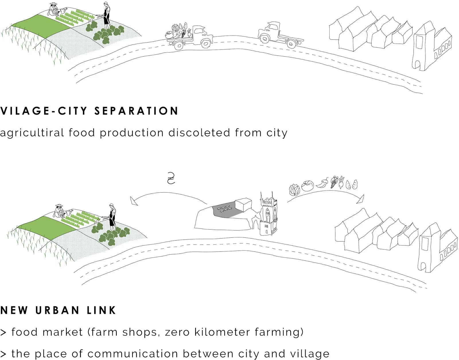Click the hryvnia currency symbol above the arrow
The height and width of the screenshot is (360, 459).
click(x=171, y=178)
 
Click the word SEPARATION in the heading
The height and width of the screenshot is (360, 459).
click(x=136, y=111)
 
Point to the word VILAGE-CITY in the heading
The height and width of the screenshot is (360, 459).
click(x=44, y=111)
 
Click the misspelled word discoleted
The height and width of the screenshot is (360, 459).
click(x=199, y=133)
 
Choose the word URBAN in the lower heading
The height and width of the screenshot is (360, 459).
click(x=57, y=310)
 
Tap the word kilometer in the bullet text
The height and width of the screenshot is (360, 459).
click(x=222, y=332)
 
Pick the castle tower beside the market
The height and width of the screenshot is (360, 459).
click(x=268, y=214)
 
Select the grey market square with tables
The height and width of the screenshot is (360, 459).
click(x=226, y=210)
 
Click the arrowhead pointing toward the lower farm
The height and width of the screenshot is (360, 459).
click(x=134, y=201)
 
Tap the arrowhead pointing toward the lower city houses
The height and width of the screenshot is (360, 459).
click(x=361, y=199)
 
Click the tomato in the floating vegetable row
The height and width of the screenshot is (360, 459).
click(x=308, y=186)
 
